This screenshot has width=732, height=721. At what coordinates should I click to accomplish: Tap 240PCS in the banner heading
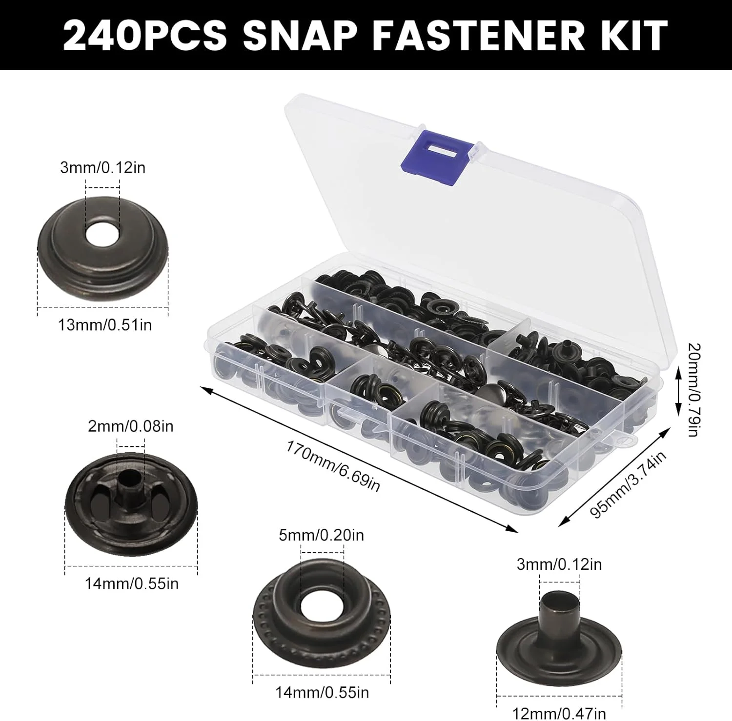tap(145, 35)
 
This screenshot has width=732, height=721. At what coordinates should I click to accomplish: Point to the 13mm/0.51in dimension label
tap(105, 324)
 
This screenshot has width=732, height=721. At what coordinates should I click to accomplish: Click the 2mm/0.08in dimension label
tap(130, 426)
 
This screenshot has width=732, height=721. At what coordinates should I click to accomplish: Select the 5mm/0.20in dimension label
tap(321, 535)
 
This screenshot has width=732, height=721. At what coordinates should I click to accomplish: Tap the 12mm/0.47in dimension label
tap(560, 713)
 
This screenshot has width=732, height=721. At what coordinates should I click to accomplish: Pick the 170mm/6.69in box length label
tap(333, 466)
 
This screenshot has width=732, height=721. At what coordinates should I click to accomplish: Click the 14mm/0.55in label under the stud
tap(132, 583)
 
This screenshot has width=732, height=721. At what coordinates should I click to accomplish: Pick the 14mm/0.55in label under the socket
tap(322, 692)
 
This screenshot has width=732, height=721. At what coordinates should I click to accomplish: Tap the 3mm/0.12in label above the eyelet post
tap(559, 564)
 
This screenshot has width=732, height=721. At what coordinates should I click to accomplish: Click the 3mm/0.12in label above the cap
tap(102, 167)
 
